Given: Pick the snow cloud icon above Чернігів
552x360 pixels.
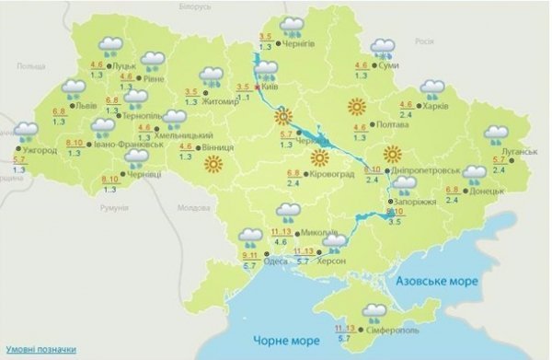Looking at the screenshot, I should [x=293, y=25].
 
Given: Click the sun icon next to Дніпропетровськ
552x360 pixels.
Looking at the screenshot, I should [x=393, y=153].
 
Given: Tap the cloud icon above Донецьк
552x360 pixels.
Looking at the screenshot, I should [x=475, y=174].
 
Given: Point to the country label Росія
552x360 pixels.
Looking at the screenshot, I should [x=424, y=41].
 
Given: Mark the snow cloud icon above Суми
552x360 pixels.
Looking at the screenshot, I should [x=381, y=49].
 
